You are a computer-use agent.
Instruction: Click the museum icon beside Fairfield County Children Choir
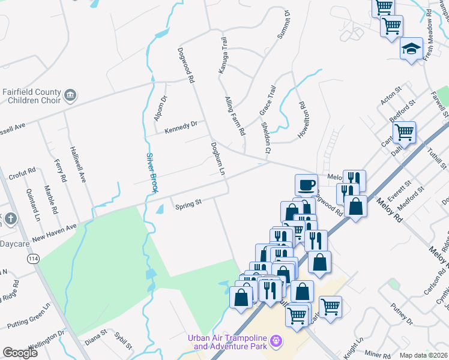click(x=71, y=95)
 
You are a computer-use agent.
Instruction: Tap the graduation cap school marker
click(x=412, y=48)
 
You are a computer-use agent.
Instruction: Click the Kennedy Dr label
click(x=181, y=127)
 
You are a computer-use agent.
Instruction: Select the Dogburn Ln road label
click(x=217, y=159)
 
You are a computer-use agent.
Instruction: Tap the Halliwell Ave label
click(x=79, y=164)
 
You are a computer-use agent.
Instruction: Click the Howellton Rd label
click(x=304, y=116)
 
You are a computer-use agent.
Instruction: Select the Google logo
click(x=20, y=353)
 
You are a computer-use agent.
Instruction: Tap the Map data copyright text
click(x=423, y=355)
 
